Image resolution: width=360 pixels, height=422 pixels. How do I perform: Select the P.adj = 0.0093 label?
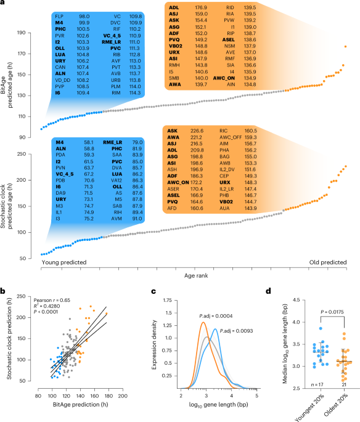235,330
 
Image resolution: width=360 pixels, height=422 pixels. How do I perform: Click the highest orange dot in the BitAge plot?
346,46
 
